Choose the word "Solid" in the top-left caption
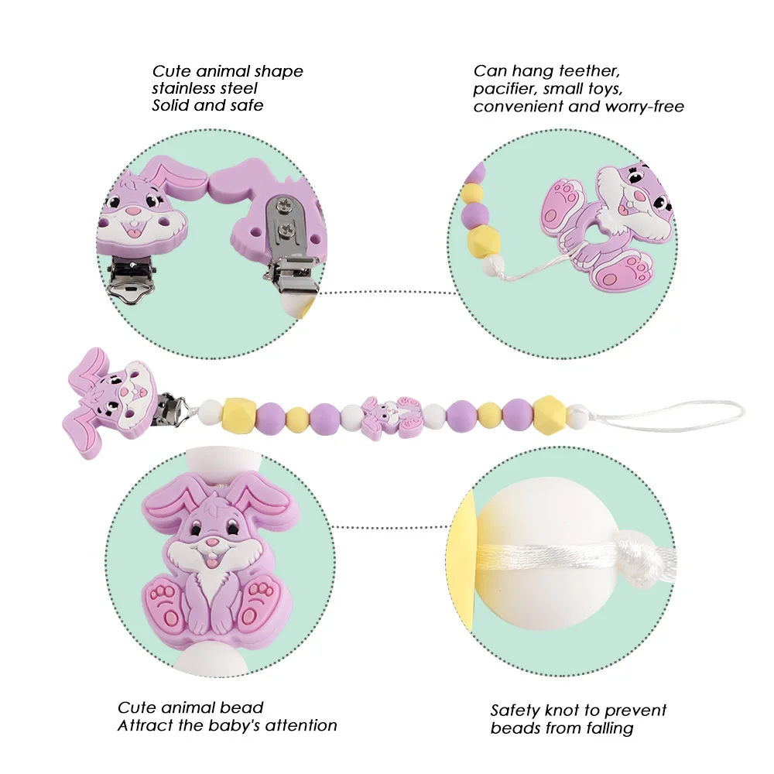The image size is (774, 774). click(x=169, y=105)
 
